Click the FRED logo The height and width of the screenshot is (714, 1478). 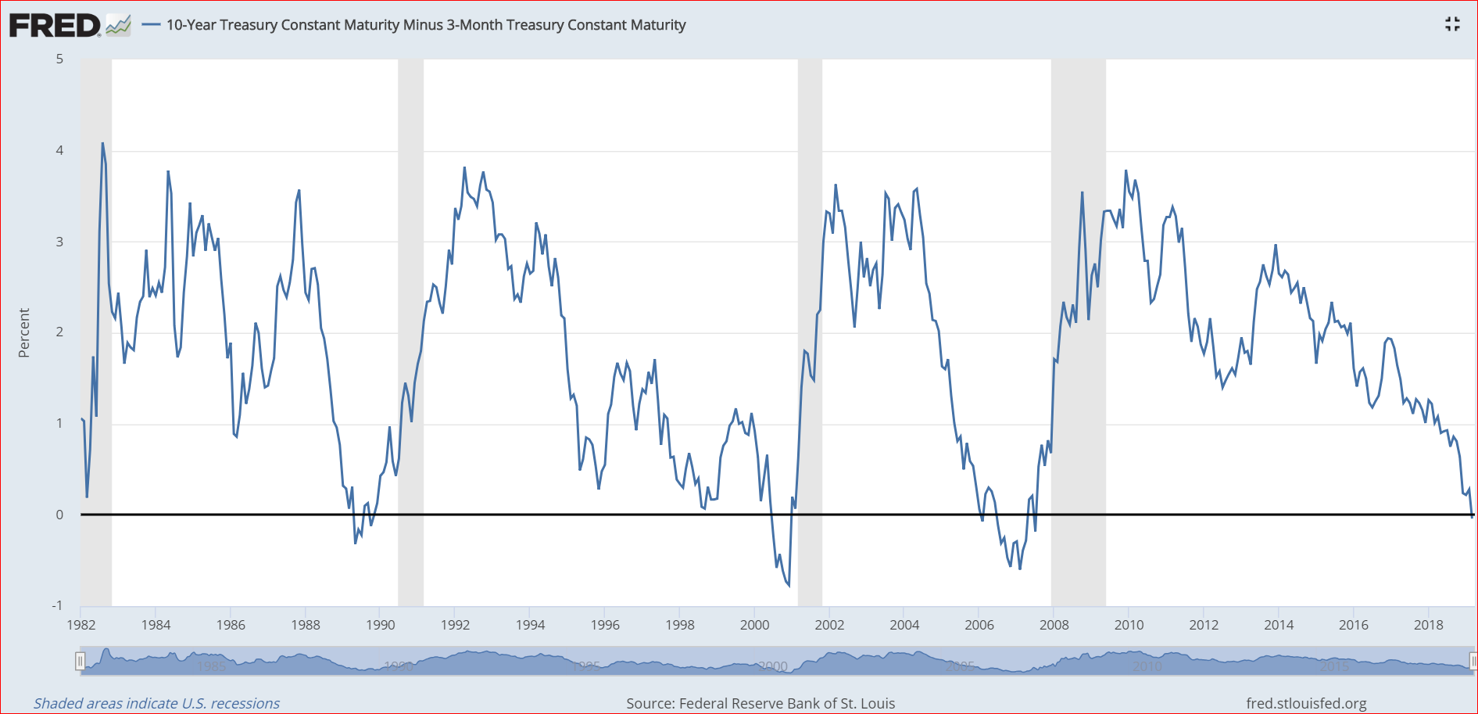[x=69, y=25]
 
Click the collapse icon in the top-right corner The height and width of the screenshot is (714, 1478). [x=1452, y=24]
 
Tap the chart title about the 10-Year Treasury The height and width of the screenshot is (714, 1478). [x=426, y=25]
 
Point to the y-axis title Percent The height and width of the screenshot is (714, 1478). [x=24, y=333]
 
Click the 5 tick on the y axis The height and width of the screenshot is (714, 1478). [x=59, y=59]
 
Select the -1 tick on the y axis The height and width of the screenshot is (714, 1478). [x=57, y=605]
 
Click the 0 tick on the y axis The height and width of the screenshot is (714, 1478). [x=59, y=515]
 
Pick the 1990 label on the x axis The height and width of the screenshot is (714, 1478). [x=380, y=625]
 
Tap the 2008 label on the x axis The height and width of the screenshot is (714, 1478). [x=1054, y=625]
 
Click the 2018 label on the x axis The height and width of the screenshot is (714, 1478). [x=1428, y=625]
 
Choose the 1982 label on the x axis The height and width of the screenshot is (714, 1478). [x=81, y=625]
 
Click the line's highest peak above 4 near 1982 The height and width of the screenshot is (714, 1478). [x=102, y=144]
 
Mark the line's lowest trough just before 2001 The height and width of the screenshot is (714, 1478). [x=788, y=584]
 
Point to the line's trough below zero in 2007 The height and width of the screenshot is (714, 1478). [x=1020, y=569]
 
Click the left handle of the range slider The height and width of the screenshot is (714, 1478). [x=80, y=662]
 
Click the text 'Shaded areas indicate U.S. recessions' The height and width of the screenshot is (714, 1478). [x=156, y=703]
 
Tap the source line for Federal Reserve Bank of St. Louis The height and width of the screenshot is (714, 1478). [x=760, y=703]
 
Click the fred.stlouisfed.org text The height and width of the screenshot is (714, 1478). [x=1306, y=703]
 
